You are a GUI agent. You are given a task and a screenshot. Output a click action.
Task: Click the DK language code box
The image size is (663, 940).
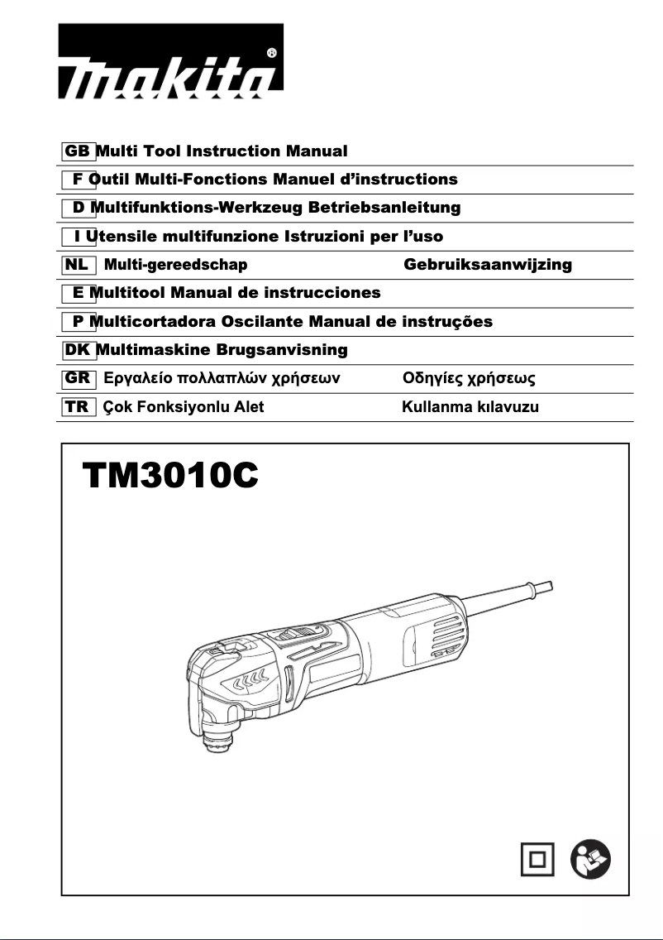click(x=78, y=350)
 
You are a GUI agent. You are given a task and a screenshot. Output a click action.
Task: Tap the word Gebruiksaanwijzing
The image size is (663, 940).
click(x=488, y=265)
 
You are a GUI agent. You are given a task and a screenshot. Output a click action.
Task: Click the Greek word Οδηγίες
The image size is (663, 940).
click(x=432, y=379)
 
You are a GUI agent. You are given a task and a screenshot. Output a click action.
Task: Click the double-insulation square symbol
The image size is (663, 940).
click(x=538, y=859)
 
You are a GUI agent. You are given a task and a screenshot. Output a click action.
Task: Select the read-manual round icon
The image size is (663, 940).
click(x=591, y=859)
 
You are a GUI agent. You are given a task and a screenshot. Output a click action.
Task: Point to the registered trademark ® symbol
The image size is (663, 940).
click(x=273, y=53)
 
